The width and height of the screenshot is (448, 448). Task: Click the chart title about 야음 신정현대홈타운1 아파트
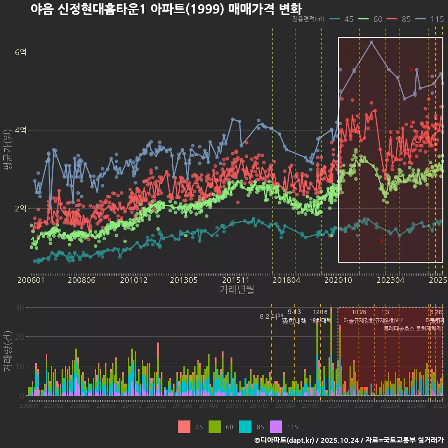click(166, 9)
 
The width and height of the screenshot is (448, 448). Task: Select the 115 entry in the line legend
click(437, 19)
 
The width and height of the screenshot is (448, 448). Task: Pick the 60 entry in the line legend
click(378, 19)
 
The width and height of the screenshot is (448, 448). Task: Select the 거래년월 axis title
click(237, 289)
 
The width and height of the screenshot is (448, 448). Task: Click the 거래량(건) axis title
click(7, 351)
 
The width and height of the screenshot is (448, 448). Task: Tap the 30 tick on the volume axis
click(19, 308)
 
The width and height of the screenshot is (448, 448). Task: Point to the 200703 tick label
click(54, 406)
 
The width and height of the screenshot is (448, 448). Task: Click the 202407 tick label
click(417, 406)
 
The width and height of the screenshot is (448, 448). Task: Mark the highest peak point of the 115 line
click(371, 42)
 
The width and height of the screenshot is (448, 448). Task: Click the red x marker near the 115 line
click(411, 70)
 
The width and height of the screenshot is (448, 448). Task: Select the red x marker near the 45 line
click(382, 241)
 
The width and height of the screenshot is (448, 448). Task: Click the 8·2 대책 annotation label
click(271, 316)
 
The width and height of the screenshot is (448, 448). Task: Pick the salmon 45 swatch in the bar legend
click(184, 427)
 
